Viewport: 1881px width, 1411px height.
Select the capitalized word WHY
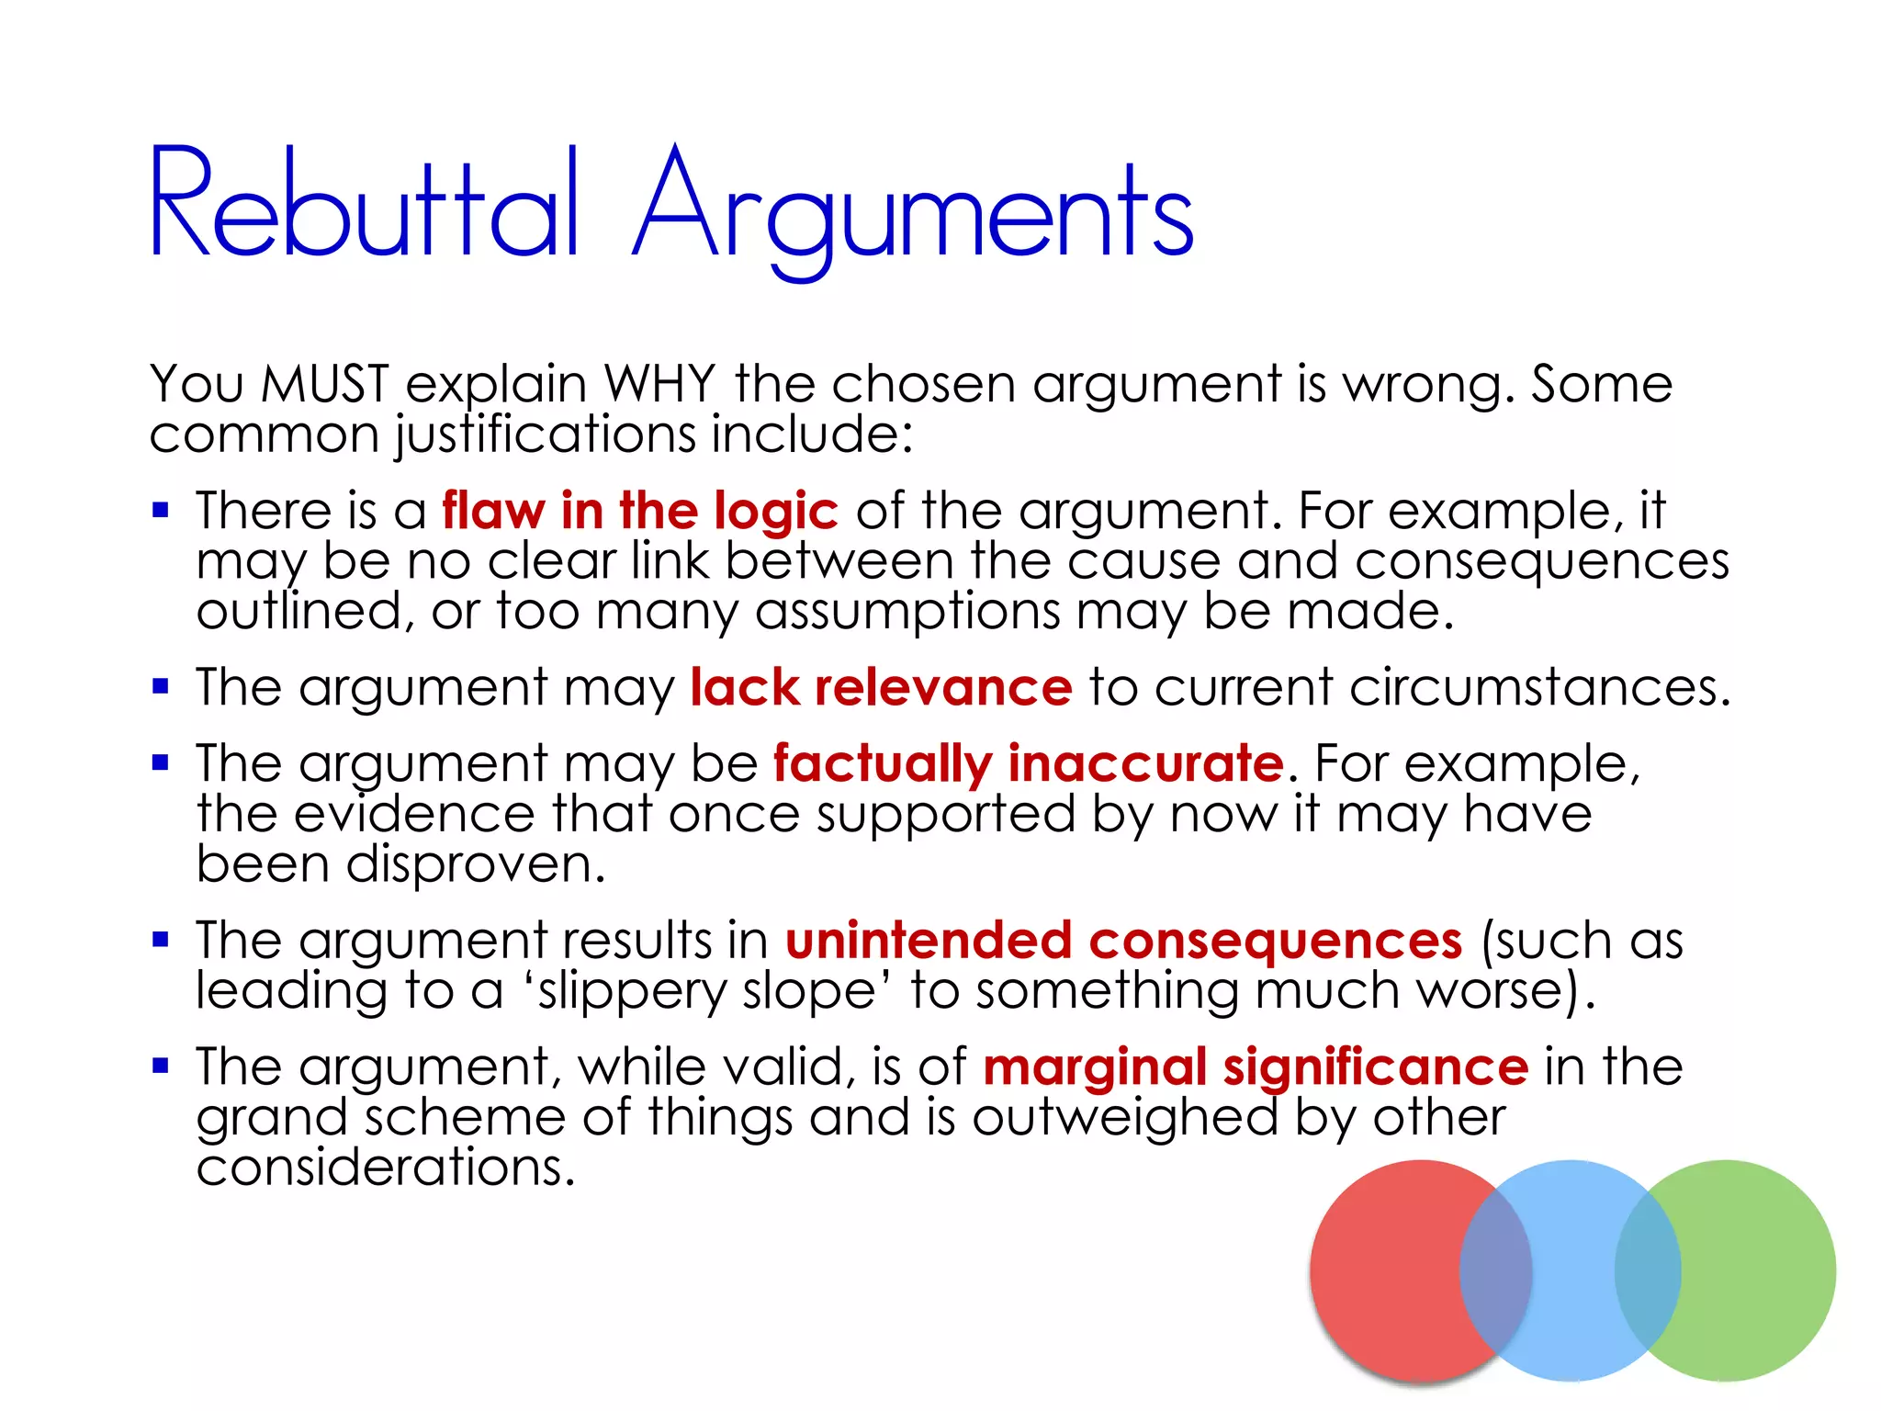pyautogui.click(x=659, y=383)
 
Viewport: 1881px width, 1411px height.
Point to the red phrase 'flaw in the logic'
pyautogui.click(x=639, y=511)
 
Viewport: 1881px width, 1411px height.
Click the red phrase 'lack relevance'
pyautogui.click(x=881, y=687)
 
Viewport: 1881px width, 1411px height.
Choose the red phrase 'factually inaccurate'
pyautogui.click(x=1028, y=763)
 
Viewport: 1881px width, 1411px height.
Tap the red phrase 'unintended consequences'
pyautogui.click(x=1123, y=941)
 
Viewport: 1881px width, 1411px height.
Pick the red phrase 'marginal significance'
pyautogui.click(x=1255, y=1067)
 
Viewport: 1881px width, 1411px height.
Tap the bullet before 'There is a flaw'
pyautogui.click(x=161, y=510)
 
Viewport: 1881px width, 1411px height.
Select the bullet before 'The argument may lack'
pyautogui.click(x=161, y=686)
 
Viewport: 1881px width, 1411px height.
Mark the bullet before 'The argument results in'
pyautogui.click(x=161, y=940)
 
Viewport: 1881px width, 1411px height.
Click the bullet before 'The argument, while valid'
pyautogui.click(x=161, y=1067)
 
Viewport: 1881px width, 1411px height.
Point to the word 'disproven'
pyautogui.click(x=475, y=865)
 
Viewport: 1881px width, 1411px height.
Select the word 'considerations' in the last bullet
pyautogui.click(x=385, y=1168)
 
